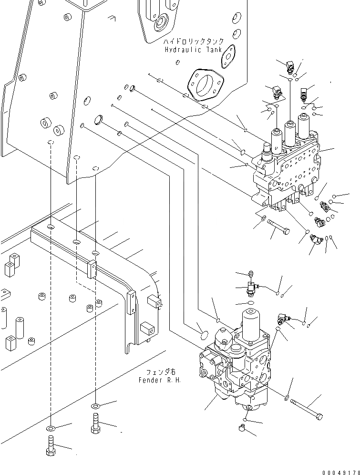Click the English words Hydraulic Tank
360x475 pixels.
(193, 50)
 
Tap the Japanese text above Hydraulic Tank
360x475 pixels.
(194, 41)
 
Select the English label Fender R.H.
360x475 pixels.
(160, 380)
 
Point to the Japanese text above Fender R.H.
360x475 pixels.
(161, 372)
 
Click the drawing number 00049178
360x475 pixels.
(341, 472)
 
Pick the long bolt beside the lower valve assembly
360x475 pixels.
(307, 410)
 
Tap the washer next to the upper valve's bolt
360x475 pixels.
(264, 217)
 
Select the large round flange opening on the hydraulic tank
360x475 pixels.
(206, 83)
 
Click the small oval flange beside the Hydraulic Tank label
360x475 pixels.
(228, 57)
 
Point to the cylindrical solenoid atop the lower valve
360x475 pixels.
(251, 324)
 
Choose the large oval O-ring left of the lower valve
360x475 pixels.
(205, 334)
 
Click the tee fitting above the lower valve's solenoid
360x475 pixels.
(252, 287)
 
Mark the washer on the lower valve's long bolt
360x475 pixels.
(287, 398)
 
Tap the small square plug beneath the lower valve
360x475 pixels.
(242, 428)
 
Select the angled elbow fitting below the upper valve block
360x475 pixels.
(317, 240)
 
